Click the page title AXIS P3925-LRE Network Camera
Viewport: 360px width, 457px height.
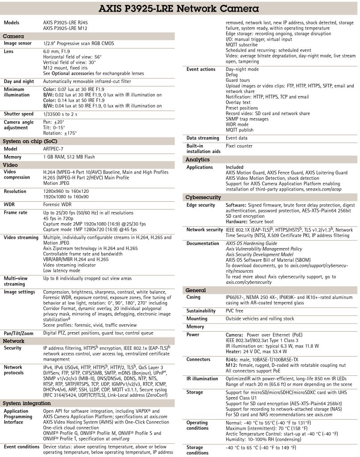[180, 8]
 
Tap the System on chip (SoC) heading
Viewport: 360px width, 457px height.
[26, 141]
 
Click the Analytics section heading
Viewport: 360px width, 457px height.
[197, 159]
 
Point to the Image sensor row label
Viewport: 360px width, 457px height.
[17, 43]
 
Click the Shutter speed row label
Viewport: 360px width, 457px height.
[18, 114]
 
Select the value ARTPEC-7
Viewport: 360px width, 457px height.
[55, 149]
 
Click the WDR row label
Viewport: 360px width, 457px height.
[10, 204]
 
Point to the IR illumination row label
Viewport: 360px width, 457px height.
[202, 378]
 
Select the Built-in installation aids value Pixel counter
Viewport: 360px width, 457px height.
[239, 146]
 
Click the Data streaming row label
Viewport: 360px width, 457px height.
[203, 138]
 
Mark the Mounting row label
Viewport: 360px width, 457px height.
[197, 319]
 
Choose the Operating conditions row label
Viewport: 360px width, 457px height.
[197, 425]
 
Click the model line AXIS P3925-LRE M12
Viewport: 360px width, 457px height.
[65, 28]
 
